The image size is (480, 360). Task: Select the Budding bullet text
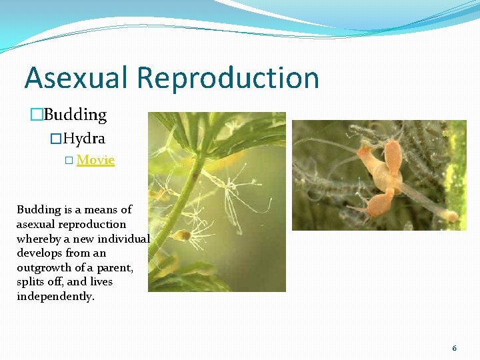75,115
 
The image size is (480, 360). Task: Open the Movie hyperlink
95,160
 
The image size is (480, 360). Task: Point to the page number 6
454,348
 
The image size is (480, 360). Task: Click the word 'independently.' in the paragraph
55,296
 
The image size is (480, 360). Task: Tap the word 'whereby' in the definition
37,239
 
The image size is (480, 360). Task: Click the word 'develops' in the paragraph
37,253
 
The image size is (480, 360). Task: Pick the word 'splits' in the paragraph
31,282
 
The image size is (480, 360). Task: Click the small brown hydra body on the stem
180,235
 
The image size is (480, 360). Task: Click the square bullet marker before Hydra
56,140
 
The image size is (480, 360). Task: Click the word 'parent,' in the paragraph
115,267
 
